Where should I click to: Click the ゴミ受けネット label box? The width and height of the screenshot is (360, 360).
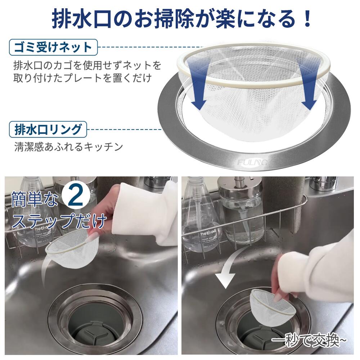click(x=53, y=47)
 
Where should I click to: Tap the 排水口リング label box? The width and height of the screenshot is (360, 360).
click(x=48, y=129)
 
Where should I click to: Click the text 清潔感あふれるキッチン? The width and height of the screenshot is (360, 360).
click(x=68, y=147)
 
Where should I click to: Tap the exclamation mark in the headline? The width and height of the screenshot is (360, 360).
click(x=307, y=19)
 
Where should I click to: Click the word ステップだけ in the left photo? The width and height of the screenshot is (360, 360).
click(x=59, y=220)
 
